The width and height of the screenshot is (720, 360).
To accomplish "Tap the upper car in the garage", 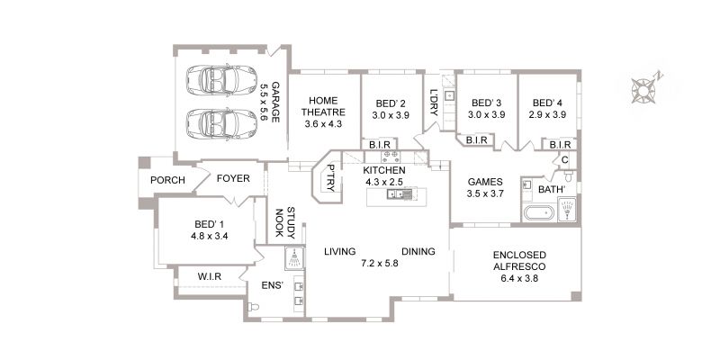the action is click(x=221, y=80).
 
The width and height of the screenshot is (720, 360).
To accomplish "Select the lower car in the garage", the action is click(x=221, y=124).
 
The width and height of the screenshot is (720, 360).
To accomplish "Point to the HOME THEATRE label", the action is click(x=323, y=106).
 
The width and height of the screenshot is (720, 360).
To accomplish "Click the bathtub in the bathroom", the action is click(x=539, y=214).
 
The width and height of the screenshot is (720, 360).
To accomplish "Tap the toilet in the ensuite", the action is click(x=253, y=307).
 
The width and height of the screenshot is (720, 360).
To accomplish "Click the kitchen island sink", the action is click(x=395, y=194).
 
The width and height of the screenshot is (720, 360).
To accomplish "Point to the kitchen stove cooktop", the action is click(x=391, y=156).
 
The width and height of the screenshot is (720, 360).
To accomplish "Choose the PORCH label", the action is click(x=167, y=181).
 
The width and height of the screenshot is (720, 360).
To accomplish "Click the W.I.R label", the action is click(x=210, y=277).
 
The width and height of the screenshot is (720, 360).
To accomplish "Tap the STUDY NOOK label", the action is click(x=285, y=222).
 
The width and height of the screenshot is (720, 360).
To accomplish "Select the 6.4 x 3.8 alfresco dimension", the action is click(x=519, y=278).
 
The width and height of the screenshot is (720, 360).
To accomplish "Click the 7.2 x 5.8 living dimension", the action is click(x=379, y=264).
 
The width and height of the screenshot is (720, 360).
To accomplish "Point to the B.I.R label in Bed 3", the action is click(x=476, y=140).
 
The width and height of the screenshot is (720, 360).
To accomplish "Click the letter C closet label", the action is click(x=565, y=160).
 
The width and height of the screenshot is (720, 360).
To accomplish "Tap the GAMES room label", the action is click(x=485, y=182).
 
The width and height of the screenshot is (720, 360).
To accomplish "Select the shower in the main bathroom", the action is click(x=567, y=210).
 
